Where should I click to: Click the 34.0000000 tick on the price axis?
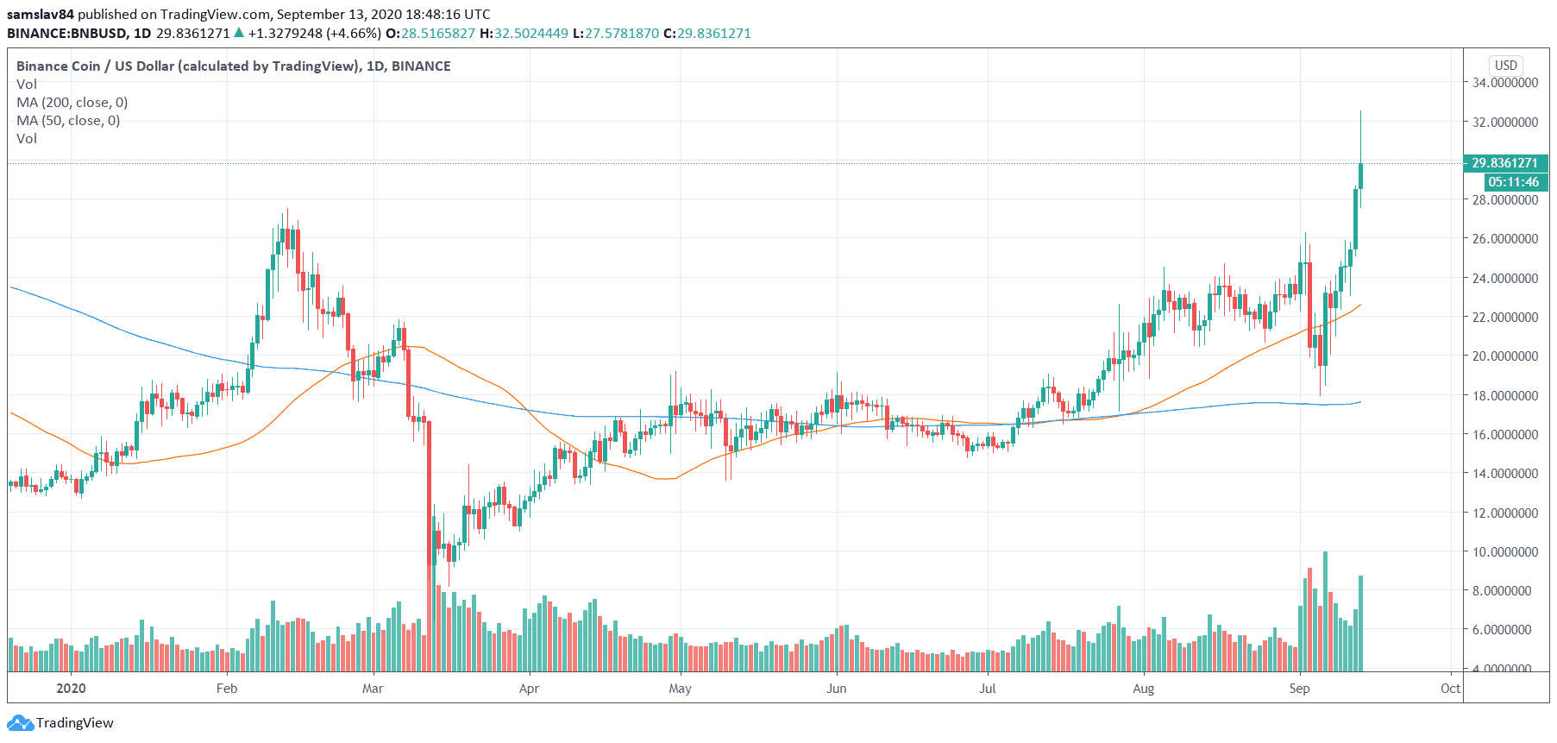click(1504, 83)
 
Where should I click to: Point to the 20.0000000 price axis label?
click(1504, 356)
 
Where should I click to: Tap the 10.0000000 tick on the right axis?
click(1504, 551)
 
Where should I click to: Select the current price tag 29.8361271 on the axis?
click(1504, 163)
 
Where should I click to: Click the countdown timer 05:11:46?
click(1513, 182)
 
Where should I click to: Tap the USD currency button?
click(1505, 66)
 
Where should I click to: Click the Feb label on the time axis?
click(227, 688)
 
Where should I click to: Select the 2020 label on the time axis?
click(71, 688)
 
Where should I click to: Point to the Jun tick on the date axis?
click(836, 688)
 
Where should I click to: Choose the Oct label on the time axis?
click(1450, 688)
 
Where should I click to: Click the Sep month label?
click(1299, 688)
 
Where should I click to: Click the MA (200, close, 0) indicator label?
click(72, 103)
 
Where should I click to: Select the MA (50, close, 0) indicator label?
click(68, 121)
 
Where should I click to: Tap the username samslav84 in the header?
click(41, 14)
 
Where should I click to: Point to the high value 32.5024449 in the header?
click(531, 33)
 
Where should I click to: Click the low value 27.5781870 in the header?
click(622, 33)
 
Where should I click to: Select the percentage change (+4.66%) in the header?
click(353, 33)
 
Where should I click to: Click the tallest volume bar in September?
click(1325, 611)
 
